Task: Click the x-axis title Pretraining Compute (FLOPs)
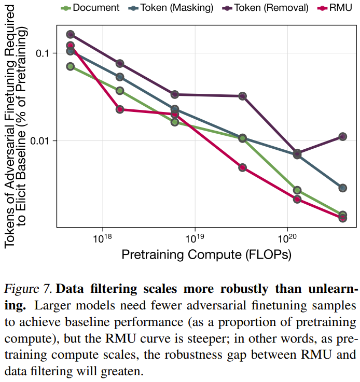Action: (x=206, y=254)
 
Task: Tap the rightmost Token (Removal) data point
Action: (x=342, y=136)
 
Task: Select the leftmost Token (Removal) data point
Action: (x=71, y=34)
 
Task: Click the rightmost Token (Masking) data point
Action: (x=342, y=188)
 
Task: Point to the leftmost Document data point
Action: (x=71, y=66)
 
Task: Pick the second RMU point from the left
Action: (x=120, y=109)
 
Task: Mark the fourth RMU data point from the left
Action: (x=242, y=167)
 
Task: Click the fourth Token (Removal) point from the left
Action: (x=242, y=96)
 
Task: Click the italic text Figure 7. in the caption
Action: (x=29, y=288)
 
